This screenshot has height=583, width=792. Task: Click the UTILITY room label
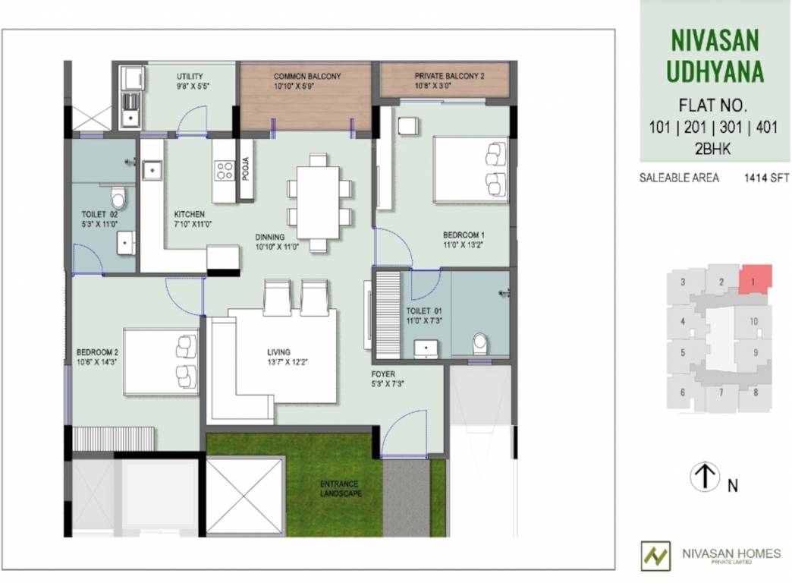[190, 77]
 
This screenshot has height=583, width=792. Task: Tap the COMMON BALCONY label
[307, 77]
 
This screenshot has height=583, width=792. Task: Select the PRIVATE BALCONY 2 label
[449, 77]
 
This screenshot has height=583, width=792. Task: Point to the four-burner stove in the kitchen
[224, 171]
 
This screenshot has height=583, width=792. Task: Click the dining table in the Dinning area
[319, 202]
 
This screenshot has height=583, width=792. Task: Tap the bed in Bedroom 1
[470, 169]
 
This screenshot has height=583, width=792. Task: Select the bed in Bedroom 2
[160, 361]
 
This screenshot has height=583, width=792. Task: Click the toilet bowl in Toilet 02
[118, 199]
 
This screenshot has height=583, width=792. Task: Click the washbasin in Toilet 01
[427, 348]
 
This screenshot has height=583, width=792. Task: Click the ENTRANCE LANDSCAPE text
[338, 488]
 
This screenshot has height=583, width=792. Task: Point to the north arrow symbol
[704, 477]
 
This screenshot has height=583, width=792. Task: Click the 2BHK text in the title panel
[712, 150]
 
